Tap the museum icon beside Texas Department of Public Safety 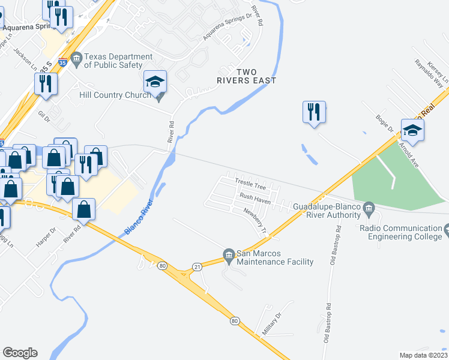click(76, 58)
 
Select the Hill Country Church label click(115, 95)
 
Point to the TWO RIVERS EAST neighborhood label click(247, 76)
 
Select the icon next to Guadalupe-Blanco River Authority click(369, 208)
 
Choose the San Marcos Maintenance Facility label click(275, 257)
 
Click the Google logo click(20, 353)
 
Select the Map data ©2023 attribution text click(423, 355)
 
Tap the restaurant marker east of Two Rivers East click(314, 113)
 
